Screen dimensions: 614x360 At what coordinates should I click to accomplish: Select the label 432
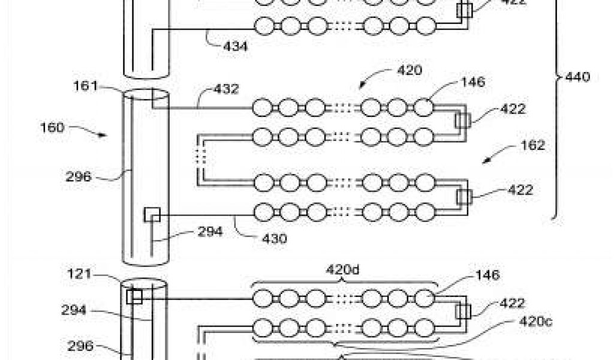click(227, 89)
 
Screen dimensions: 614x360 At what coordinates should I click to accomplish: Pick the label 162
click(532, 145)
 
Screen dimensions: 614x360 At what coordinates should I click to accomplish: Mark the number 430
click(273, 238)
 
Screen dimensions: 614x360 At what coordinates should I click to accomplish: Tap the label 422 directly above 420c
click(512, 303)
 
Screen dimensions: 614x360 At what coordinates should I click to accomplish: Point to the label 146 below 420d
click(487, 275)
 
